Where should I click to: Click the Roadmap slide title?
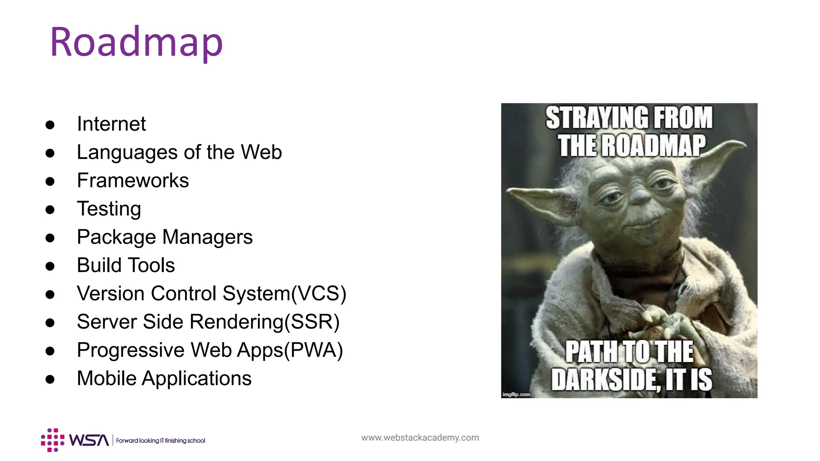(x=136, y=42)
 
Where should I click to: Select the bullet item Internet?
(x=111, y=124)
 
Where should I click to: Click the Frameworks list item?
(x=133, y=180)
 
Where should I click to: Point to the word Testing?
(x=109, y=209)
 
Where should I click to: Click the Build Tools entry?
(x=126, y=265)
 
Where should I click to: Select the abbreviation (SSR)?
(x=312, y=322)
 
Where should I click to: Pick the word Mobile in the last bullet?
(x=107, y=379)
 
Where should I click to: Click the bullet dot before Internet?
(x=50, y=125)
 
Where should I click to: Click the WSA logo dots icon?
(x=53, y=440)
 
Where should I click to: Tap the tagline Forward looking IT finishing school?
(x=161, y=441)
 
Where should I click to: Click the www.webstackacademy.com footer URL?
(x=420, y=438)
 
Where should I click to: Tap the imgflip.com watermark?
(x=516, y=395)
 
